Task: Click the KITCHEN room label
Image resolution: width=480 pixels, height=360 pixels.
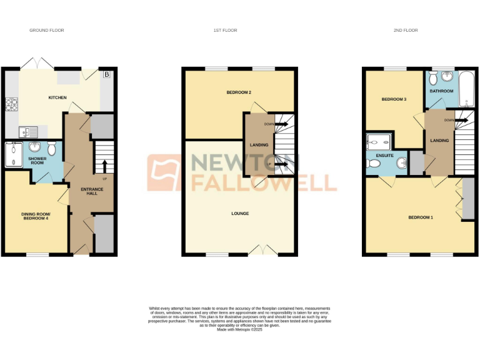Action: (58, 97)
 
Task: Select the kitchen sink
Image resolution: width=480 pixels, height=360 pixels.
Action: (28, 131)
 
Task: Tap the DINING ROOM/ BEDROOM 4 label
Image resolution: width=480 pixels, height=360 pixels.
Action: (36, 217)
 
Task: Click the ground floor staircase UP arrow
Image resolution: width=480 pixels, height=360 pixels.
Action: (104, 166)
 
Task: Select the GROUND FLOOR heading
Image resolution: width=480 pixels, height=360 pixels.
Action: (47, 30)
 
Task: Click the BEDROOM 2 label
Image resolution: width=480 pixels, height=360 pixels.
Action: (239, 92)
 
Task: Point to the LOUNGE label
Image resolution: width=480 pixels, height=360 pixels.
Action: (240, 214)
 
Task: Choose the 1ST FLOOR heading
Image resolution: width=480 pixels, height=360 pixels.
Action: (240, 30)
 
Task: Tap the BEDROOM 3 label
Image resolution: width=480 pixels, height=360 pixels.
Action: (394, 99)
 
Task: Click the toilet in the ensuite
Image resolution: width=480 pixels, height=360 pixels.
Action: (374, 163)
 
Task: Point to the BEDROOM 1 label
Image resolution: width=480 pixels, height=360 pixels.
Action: (420, 217)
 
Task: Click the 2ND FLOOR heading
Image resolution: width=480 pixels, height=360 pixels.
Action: (406, 30)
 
